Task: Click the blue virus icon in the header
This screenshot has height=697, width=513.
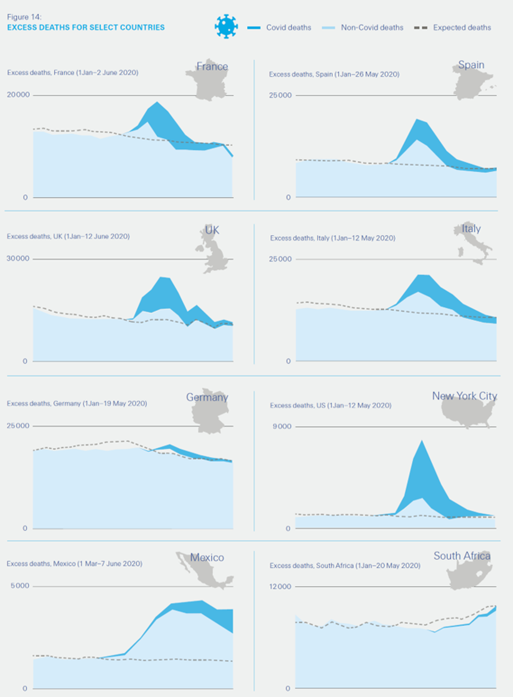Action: [226, 27]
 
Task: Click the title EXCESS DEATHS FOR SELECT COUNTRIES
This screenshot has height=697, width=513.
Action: [86, 28]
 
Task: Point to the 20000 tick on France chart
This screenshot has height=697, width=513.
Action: [18, 95]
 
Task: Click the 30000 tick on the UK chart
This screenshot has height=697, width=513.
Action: [18, 258]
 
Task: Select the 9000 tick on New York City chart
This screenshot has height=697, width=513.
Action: [282, 426]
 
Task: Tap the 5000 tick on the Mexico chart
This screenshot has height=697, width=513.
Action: [20, 586]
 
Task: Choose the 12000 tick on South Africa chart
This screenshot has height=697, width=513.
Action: [280, 586]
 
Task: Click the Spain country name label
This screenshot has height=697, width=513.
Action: [471, 65]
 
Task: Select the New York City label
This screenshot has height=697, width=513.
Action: [464, 396]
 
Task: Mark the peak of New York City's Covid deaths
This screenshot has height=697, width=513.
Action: [422, 441]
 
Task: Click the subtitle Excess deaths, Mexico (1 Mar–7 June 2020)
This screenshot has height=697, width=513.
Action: [74, 564]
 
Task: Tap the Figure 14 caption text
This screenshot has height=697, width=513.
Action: [24, 17]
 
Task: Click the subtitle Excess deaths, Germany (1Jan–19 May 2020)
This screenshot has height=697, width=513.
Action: [77, 404]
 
